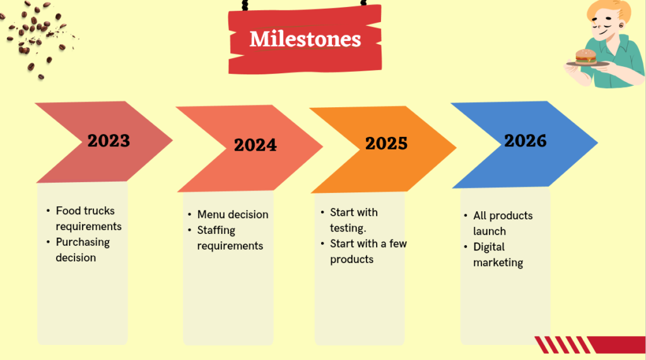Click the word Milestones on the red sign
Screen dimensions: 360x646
[305, 39]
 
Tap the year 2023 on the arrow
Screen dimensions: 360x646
[109, 140]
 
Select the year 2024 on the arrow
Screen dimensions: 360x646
[255, 145]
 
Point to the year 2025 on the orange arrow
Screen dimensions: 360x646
[386, 143]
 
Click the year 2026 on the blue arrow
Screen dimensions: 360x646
[525, 141]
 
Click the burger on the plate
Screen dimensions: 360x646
[586, 56]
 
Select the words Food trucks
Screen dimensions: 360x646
[85, 211]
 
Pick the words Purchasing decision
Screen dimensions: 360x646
[82, 250]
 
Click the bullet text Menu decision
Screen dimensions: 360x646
[233, 214]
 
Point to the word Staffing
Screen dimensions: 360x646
[216, 230]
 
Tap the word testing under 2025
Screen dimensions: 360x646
[348, 228]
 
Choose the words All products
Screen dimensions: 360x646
[503, 216]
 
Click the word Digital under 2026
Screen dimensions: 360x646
[489, 247]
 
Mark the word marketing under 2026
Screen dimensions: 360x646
[498, 262]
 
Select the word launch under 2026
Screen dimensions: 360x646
[490, 231]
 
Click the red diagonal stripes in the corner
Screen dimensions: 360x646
[561, 345]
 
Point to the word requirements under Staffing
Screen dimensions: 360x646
[230, 246]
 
